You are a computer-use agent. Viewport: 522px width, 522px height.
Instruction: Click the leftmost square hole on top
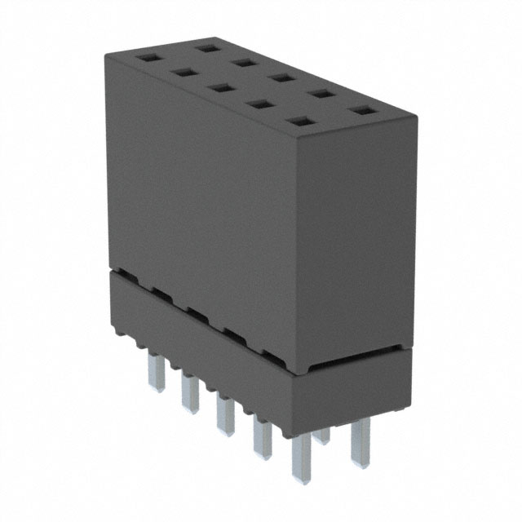[149, 58]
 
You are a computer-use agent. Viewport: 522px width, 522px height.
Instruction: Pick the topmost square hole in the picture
[207, 48]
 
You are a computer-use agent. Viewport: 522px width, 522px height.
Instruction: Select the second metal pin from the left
[189, 392]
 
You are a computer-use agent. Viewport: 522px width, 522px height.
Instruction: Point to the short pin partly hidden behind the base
[322, 435]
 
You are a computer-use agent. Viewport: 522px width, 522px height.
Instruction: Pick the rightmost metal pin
[358, 440]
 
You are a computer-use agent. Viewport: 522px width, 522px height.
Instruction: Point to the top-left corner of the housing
[107, 53]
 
